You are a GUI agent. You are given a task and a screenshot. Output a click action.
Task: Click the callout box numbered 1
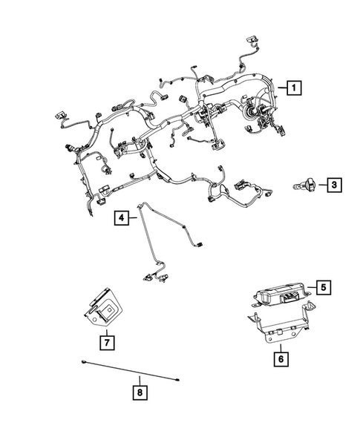point(295,89)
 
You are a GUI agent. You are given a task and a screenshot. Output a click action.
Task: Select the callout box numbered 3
point(335,184)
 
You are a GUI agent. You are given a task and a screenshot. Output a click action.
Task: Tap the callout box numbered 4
point(121,218)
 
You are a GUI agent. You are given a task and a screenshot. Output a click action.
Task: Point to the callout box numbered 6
point(280,358)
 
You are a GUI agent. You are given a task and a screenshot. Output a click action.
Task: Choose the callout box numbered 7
point(107,342)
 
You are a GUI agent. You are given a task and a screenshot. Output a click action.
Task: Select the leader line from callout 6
point(280,346)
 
